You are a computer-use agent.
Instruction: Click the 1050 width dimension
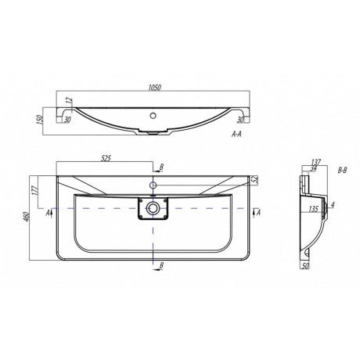coord(154,88)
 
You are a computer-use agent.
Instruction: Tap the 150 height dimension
coord(40,120)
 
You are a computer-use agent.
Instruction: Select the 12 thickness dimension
coord(69,101)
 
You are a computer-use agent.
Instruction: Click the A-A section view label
coord(236,134)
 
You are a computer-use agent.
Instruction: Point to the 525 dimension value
coord(106,158)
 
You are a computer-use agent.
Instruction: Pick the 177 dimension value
coord(36,190)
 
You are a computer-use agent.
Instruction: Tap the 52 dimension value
coord(255,179)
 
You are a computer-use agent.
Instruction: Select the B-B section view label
coord(342,171)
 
